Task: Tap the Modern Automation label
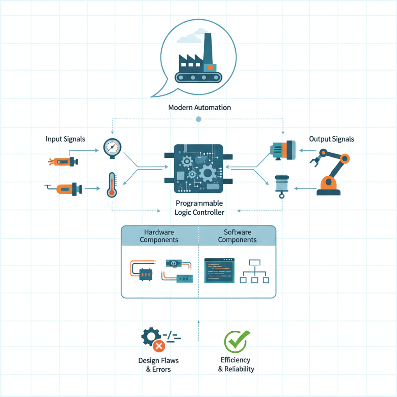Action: pyautogui.click(x=199, y=107)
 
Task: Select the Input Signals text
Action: pyautogui.click(x=66, y=139)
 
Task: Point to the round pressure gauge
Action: pyautogui.click(x=112, y=147)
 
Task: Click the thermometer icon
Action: pyautogui.click(x=112, y=185)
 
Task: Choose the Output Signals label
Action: pyautogui.click(x=331, y=139)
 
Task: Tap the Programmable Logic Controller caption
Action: pyautogui.click(x=199, y=208)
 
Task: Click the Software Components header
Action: pyautogui.click(x=237, y=236)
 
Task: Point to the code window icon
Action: pyautogui.click(x=220, y=270)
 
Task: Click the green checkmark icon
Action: pyautogui.click(x=235, y=341)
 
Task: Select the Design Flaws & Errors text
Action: pyautogui.click(x=158, y=365)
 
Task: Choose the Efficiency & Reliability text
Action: pyautogui.click(x=236, y=364)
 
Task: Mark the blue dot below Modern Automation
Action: pyautogui.click(x=199, y=119)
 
